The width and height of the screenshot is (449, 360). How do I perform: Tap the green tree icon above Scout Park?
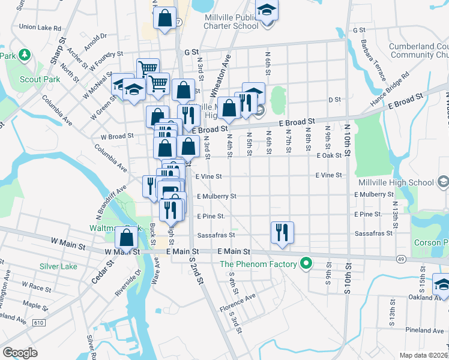(x=24, y=56)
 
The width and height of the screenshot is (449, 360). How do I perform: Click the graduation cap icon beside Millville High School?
(x=443, y=181)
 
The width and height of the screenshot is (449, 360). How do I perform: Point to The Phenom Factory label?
(x=258, y=264)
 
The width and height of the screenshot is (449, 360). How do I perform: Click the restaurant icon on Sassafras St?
(x=282, y=232)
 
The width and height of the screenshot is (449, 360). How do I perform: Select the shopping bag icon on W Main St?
(x=127, y=237)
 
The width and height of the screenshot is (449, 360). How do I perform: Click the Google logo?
(x=20, y=353)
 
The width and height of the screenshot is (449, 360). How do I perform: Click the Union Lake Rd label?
(x=40, y=27)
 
